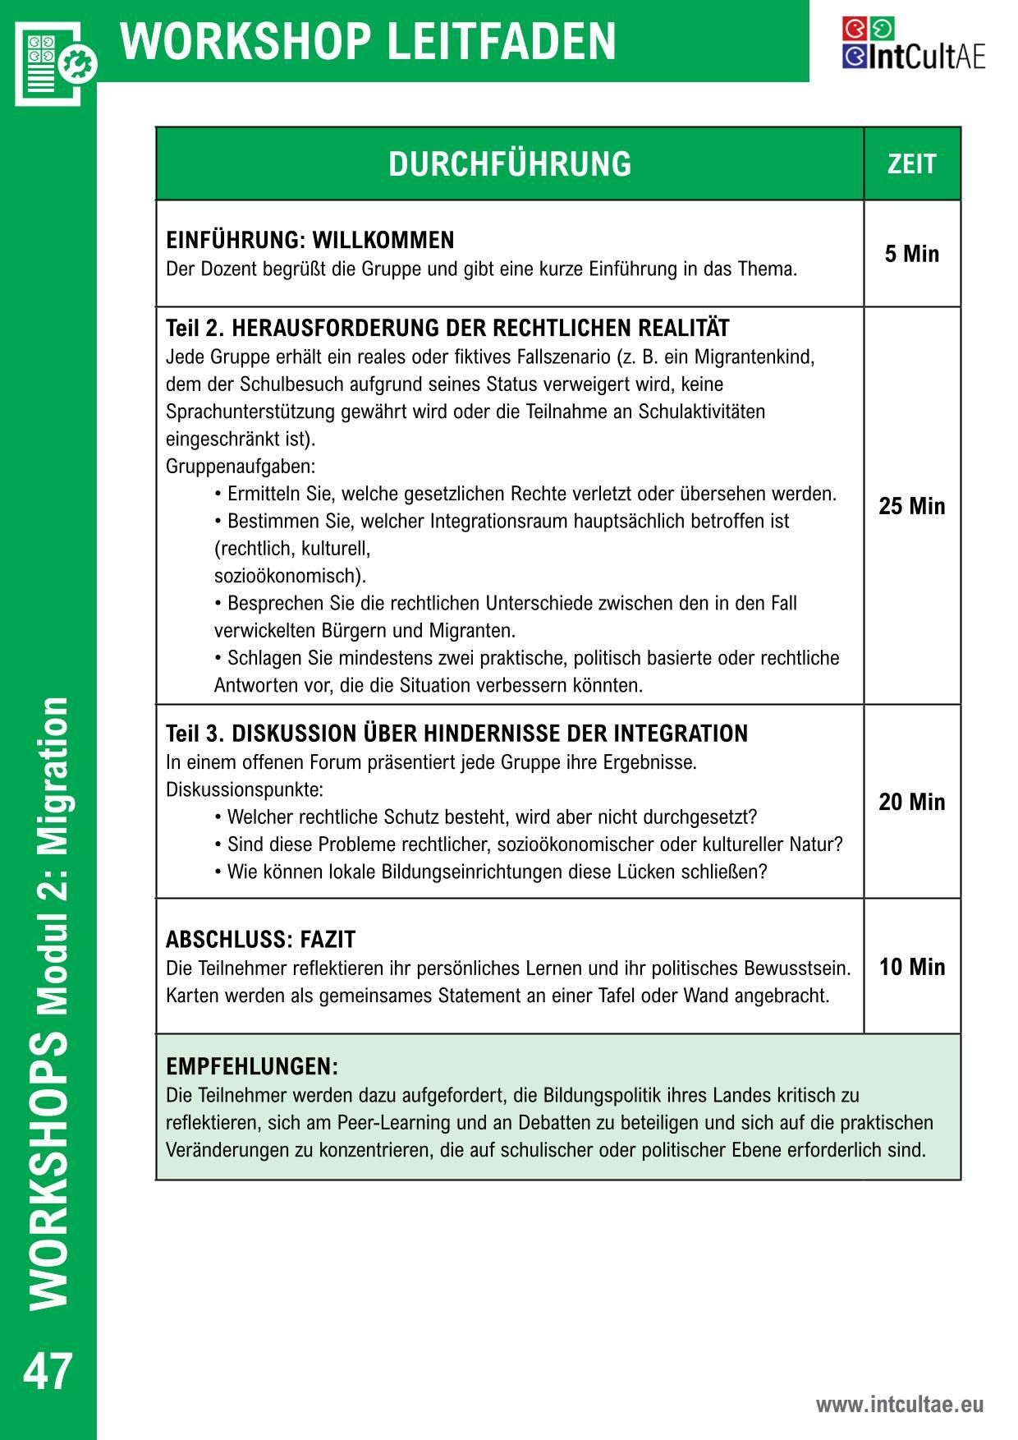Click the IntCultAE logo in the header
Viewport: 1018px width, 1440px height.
click(x=913, y=44)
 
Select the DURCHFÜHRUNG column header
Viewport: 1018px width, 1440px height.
click(x=510, y=163)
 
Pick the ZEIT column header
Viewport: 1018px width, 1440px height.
click(x=911, y=163)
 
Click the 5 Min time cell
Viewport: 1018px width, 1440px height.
click(x=911, y=254)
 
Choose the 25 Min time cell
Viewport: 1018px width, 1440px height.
click(x=911, y=506)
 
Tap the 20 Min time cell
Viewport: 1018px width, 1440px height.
click(x=911, y=802)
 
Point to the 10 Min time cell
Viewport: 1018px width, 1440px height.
click(x=911, y=967)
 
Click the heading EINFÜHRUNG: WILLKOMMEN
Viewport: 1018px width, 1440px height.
click(x=310, y=241)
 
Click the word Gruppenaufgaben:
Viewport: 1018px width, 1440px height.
click(x=241, y=467)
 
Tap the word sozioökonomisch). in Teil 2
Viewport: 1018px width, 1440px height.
click(x=290, y=576)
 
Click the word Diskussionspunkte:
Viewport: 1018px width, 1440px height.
click(x=245, y=790)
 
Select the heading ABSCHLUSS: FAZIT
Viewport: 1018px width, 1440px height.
click(x=260, y=939)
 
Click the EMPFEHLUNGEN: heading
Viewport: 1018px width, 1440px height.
click(x=252, y=1067)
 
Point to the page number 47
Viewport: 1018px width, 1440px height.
click(x=48, y=1373)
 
